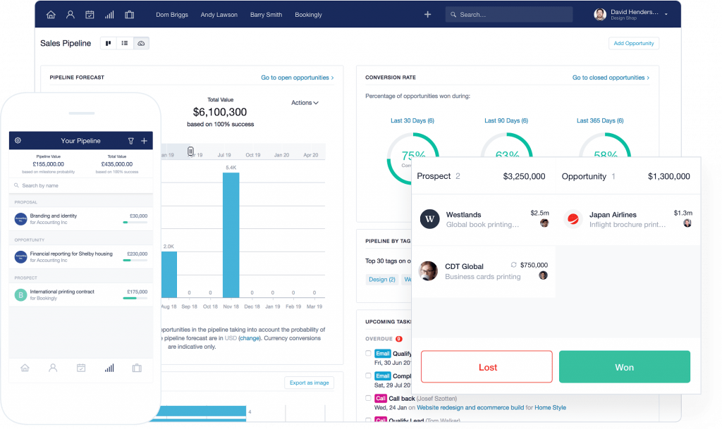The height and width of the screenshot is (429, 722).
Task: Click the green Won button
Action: [x=624, y=367]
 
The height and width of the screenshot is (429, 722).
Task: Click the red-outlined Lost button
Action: [x=487, y=367]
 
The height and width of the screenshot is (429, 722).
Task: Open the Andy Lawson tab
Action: [x=219, y=15]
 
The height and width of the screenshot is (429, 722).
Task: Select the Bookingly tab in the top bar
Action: [x=308, y=15]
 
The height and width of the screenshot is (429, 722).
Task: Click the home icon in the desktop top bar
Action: [x=51, y=14]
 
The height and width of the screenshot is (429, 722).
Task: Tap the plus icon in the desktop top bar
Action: [x=427, y=14]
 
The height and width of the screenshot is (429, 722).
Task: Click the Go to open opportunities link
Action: [x=297, y=77]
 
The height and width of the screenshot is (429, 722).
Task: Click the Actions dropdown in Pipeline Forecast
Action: [x=305, y=103]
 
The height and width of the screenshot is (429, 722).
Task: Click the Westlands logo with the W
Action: [x=429, y=219]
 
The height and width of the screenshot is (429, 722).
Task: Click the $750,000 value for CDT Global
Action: [x=534, y=265]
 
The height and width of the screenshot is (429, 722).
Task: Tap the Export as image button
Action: [x=310, y=383]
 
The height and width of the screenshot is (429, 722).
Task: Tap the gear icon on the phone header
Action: [x=18, y=141]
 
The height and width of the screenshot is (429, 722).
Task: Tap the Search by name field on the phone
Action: [x=81, y=185]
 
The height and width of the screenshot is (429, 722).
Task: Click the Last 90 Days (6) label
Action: [x=502, y=120]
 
